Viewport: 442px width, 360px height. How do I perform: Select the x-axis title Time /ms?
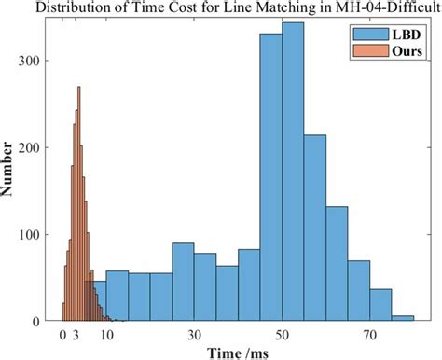237,352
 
